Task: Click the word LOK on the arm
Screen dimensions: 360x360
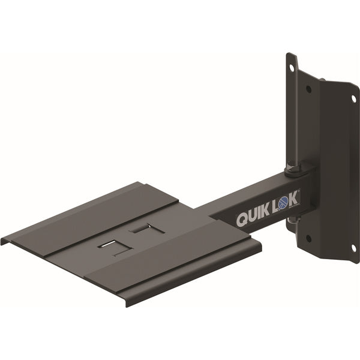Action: pyautogui.click(x=287, y=205)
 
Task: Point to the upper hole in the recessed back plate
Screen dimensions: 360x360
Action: pyautogui.click(x=308, y=88)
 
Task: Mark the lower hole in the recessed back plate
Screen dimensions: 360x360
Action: pyautogui.click(x=308, y=238)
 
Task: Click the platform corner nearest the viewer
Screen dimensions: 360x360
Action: pyautogui.click(x=127, y=304)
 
